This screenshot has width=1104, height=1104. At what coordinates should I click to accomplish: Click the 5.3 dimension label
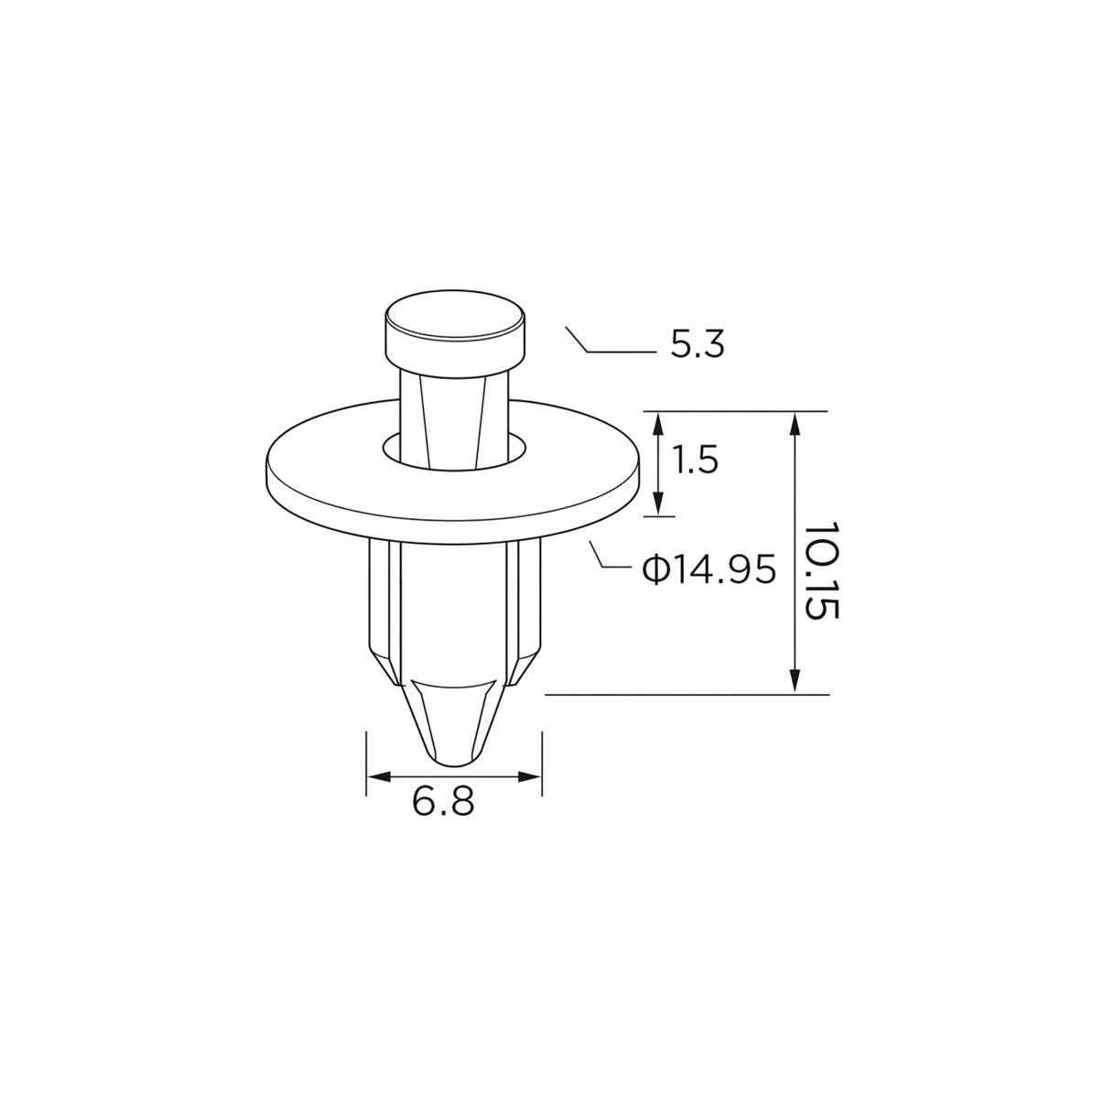point(698,345)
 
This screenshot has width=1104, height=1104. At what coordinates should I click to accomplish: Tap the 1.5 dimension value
point(696,460)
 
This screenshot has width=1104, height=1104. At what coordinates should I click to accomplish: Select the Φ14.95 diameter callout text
point(709,569)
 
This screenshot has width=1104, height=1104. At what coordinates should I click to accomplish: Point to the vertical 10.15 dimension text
point(821,570)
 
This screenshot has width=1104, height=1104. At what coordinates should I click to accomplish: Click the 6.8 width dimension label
point(443,802)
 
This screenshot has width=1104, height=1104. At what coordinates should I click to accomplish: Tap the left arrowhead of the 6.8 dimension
point(379,777)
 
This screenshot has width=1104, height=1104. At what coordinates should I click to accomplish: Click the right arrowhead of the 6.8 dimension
point(529,777)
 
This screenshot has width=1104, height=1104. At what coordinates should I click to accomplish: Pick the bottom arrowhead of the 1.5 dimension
point(658,504)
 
